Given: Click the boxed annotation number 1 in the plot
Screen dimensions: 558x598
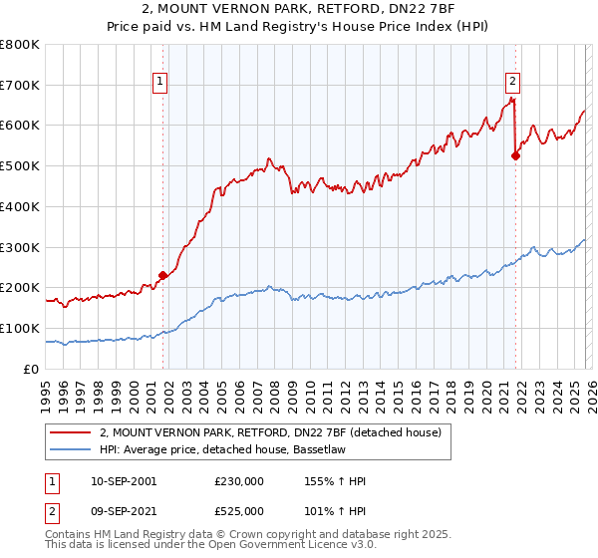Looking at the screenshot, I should (x=160, y=83).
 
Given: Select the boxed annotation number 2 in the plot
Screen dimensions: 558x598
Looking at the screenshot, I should (x=512, y=83).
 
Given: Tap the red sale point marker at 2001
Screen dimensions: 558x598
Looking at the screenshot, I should (x=162, y=275).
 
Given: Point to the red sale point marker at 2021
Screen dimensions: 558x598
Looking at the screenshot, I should (x=515, y=154).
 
